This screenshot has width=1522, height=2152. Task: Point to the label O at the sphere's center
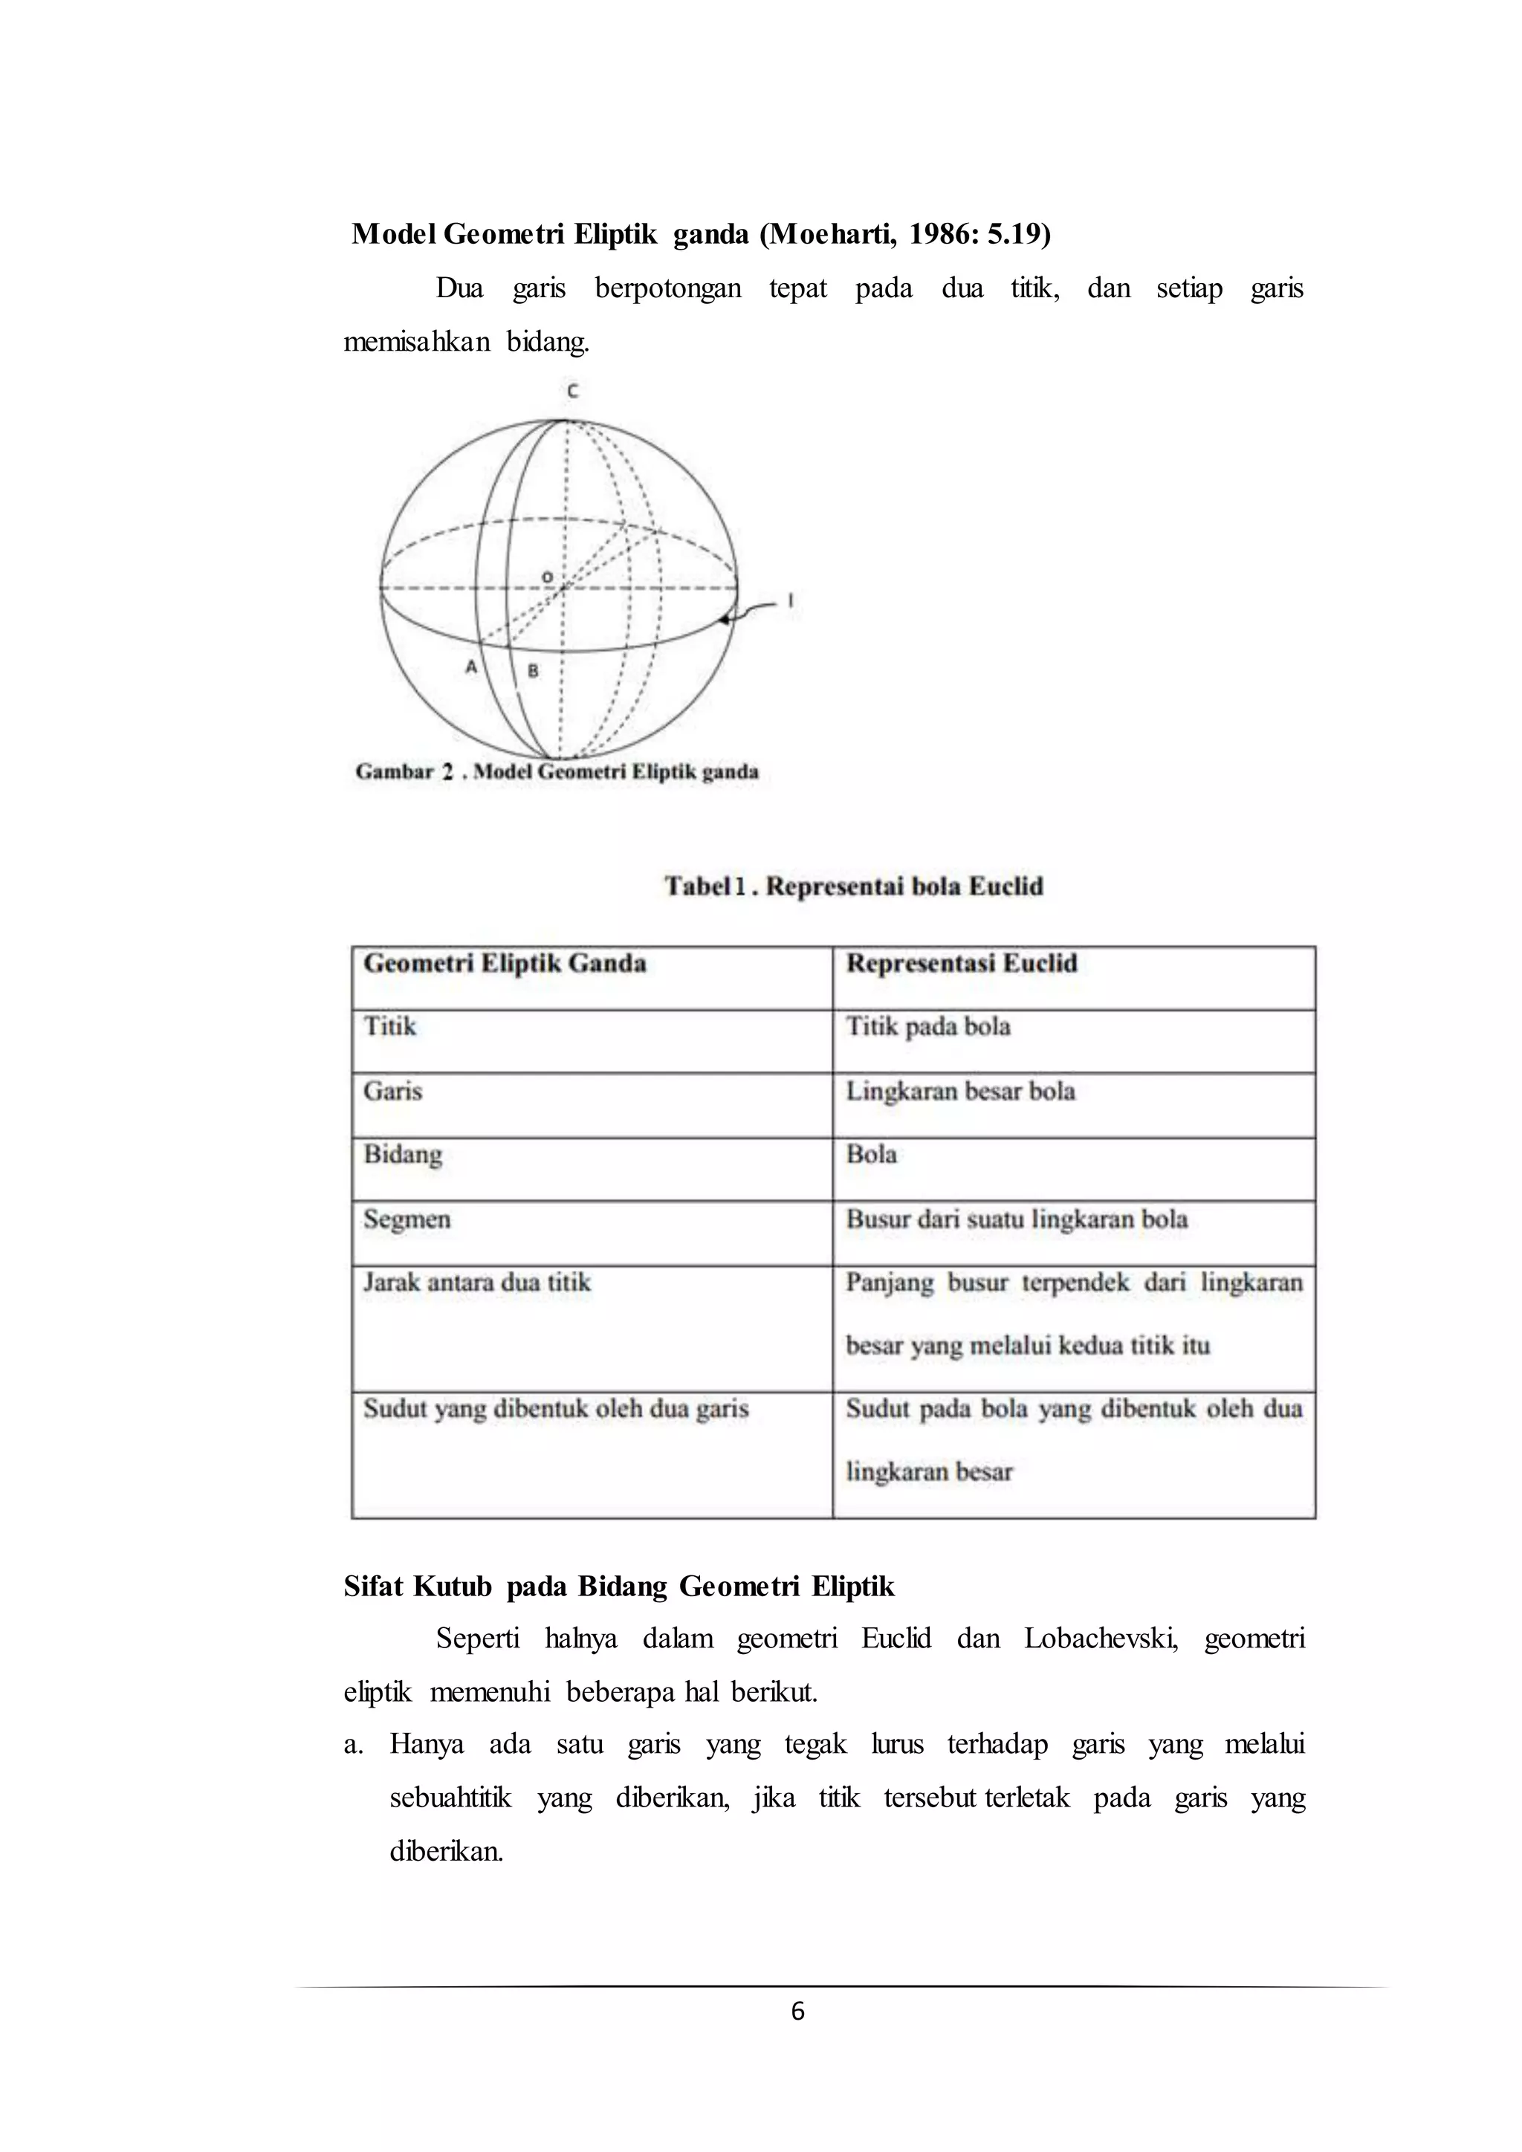pyautogui.click(x=547, y=577)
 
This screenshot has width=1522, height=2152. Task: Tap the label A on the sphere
pyautogui.click(x=471, y=667)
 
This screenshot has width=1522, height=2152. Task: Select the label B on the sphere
pyautogui.click(x=532, y=670)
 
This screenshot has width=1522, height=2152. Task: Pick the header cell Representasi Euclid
pyautogui.click(x=962, y=964)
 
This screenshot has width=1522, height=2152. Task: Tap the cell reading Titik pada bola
pyautogui.click(x=927, y=1026)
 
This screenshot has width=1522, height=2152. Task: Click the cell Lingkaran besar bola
pyautogui.click(x=961, y=1091)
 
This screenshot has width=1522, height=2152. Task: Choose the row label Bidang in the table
pyautogui.click(x=402, y=1154)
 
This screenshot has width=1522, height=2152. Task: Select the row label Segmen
pyautogui.click(x=407, y=1219)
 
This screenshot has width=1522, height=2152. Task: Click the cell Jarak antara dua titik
pyautogui.click(x=477, y=1282)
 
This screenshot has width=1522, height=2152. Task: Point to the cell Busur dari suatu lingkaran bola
pyautogui.click(x=1017, y=1219)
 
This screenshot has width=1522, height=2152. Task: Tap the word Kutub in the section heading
pyautogui.click(x=453, y=1586)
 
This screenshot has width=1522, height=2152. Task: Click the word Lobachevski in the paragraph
pyautogui.click(x=1101, y=1639)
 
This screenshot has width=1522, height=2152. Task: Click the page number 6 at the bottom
pyautogui.click(x=797, y=2011)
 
